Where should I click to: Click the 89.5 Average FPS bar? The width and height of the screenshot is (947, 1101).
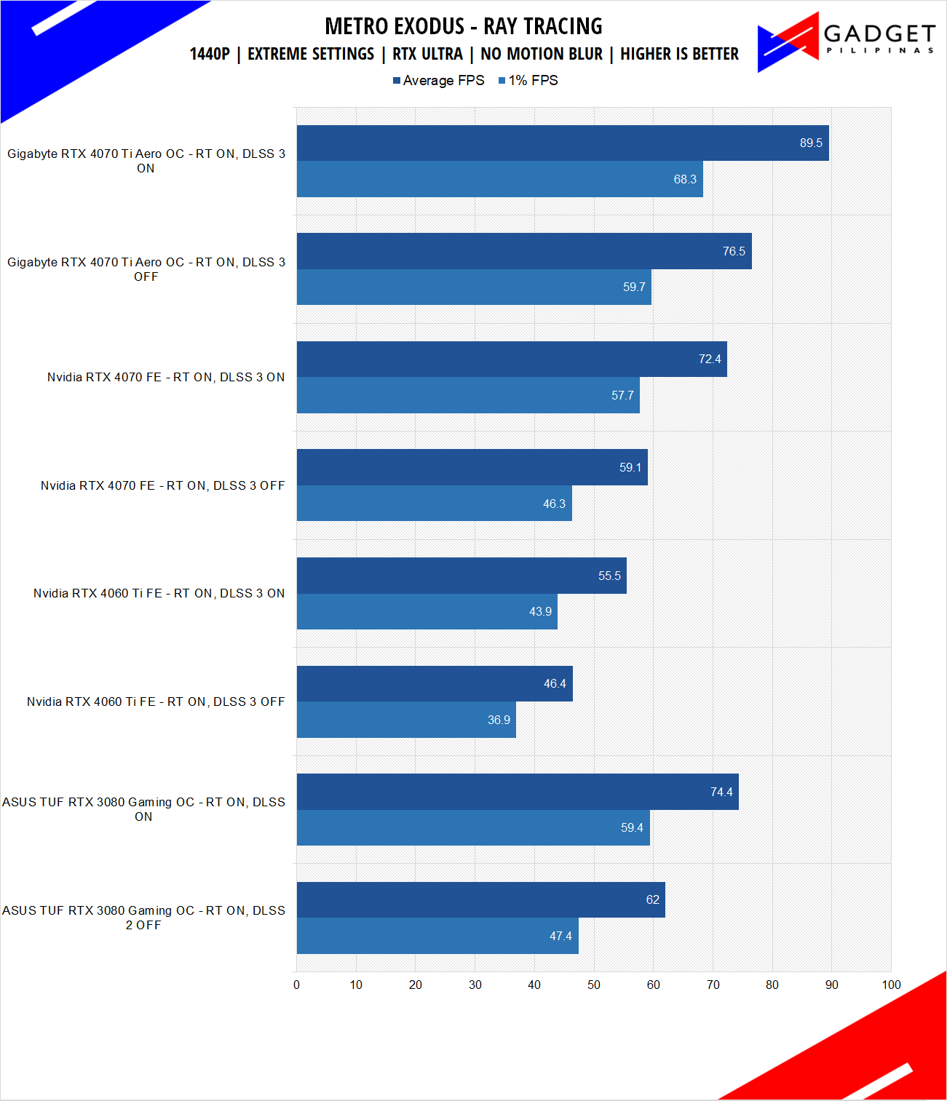(562, 143)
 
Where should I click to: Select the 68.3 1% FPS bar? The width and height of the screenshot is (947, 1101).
(499, 179)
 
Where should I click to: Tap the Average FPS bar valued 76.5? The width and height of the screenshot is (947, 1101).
(524, 251)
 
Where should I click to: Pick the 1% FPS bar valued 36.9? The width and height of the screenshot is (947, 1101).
(406, 720)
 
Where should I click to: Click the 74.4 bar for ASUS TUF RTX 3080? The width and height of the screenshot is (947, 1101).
(518, 792)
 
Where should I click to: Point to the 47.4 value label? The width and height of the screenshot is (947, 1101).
(560, 936)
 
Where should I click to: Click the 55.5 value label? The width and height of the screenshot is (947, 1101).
(609, 576)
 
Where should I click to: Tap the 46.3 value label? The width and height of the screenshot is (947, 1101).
(554, 504)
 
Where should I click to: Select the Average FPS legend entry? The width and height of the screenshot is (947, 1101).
(439, 80)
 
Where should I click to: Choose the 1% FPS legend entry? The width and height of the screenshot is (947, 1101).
(528, 80)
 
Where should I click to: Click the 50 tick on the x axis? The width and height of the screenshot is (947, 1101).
(594, 985)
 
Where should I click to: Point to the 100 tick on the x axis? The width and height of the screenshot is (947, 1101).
(891, 985)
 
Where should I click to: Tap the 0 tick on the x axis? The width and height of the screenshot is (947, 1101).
(296, 985)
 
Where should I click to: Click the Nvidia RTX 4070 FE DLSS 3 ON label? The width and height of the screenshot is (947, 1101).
(166, 377)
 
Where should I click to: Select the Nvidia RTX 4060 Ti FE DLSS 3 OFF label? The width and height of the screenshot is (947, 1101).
(156, 701)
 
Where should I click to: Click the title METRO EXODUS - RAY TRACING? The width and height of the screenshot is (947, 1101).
(464, 26)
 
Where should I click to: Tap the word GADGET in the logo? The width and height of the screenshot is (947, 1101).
(879, 33)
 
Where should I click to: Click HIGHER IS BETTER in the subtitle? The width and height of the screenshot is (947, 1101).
(679, 54)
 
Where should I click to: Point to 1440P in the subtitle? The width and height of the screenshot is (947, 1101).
(210, 54)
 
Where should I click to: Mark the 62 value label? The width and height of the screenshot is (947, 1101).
(652, 899)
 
